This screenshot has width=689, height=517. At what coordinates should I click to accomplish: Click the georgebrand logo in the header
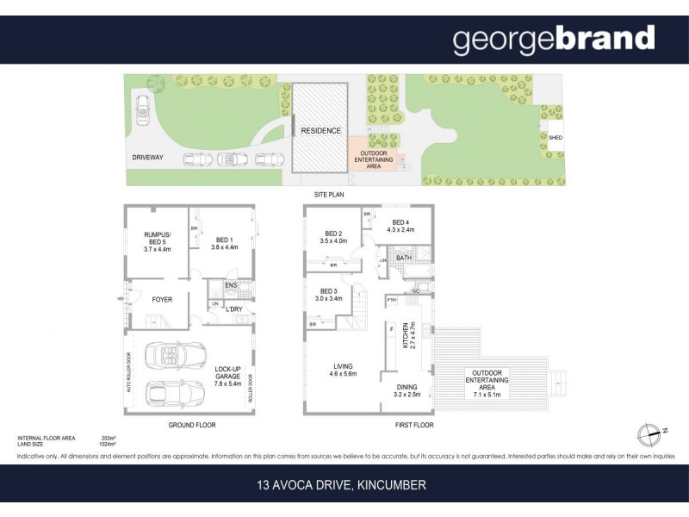point(553,40)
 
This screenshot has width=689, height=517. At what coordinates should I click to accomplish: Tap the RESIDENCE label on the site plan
point(320,131)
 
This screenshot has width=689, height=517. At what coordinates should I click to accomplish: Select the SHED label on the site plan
point(556,137)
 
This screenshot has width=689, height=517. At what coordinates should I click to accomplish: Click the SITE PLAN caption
point(328,196)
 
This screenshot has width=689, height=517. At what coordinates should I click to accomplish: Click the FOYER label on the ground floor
point(162,300)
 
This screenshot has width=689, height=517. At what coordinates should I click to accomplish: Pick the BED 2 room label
point(334,237)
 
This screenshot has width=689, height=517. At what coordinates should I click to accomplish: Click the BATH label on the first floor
point(403,258)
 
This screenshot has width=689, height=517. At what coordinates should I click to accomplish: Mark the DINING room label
point(407,390)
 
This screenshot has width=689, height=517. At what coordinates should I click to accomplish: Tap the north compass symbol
point(646,433)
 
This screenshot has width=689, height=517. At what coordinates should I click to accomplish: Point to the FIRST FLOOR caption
point(414,425)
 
